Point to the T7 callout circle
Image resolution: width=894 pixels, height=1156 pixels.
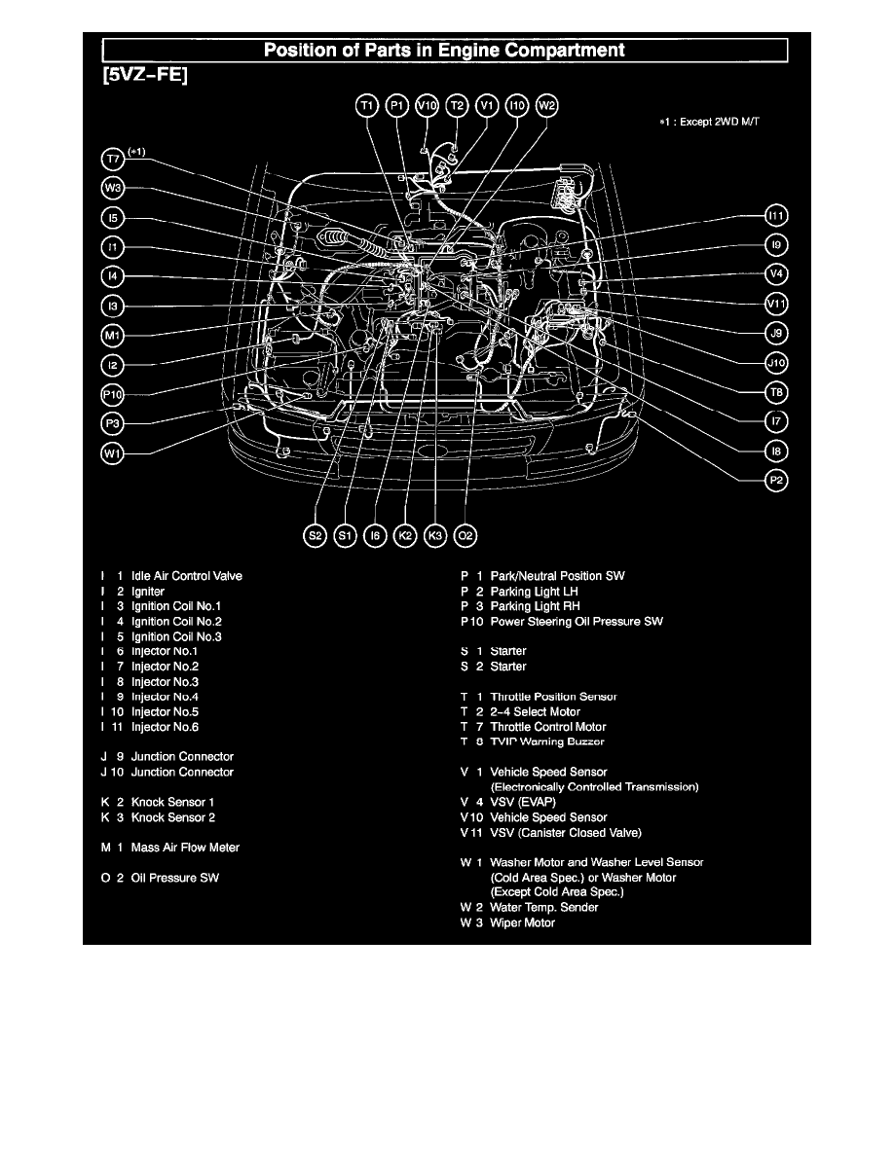pos(113,158)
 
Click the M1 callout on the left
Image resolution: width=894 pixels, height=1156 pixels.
pos(113,336)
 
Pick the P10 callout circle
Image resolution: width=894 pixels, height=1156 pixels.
pos(113,394)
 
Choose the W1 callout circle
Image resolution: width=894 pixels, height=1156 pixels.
pos(113,453)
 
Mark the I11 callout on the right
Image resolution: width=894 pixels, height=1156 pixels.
pos(776,215)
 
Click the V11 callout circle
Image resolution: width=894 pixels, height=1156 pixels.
pos(776,304)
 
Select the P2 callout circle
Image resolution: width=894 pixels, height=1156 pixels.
pos(776,481)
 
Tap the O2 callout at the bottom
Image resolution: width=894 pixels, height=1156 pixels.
pos(466,534)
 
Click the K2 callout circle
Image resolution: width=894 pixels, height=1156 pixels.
pos(406,534)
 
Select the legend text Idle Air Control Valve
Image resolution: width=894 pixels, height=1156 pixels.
pos(186,576)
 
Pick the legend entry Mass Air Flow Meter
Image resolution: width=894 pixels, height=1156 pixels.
pos(185,848)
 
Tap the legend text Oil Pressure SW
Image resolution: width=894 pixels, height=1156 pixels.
pos(175,878)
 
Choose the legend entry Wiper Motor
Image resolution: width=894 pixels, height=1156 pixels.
pos(522,922)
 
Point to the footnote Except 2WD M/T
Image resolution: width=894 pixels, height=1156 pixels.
pos(726,124)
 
